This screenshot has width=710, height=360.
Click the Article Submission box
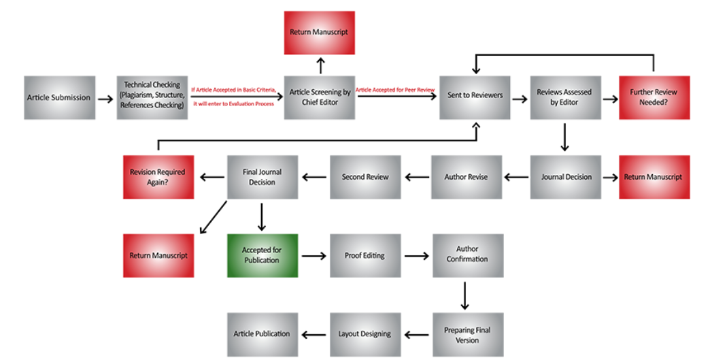tap(60, 98)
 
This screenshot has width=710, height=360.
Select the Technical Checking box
tap(152, 98)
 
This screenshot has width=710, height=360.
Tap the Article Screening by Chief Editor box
tap(320, 98)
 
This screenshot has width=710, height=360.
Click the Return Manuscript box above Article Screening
tap(320, 33)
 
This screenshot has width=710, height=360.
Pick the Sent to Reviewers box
tap(475, 98)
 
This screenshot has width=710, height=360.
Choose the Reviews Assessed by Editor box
tap(566, 98)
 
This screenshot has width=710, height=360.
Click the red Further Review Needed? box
tap(655, 98)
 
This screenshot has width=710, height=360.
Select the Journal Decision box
tap(566, 177)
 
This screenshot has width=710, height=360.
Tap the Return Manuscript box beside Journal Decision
tap(655, 177)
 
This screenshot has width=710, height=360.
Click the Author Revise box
tap(467, 177)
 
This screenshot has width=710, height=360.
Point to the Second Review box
tap(365, 177)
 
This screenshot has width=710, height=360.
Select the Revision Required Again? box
tap(158, 177)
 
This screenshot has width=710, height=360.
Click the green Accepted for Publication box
tap(263, 256)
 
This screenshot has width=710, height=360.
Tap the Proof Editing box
tap(365, 256)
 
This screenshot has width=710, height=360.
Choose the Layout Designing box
tap(365, 335)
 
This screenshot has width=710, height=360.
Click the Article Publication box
tap(263, 335)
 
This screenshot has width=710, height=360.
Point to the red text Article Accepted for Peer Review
tap(395, 90)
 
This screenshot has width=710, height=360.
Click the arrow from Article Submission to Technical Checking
tap(105, 99)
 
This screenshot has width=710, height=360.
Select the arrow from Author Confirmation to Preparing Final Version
tap(465, 296)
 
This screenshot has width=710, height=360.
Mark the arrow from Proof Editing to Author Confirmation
tap(417, 257)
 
